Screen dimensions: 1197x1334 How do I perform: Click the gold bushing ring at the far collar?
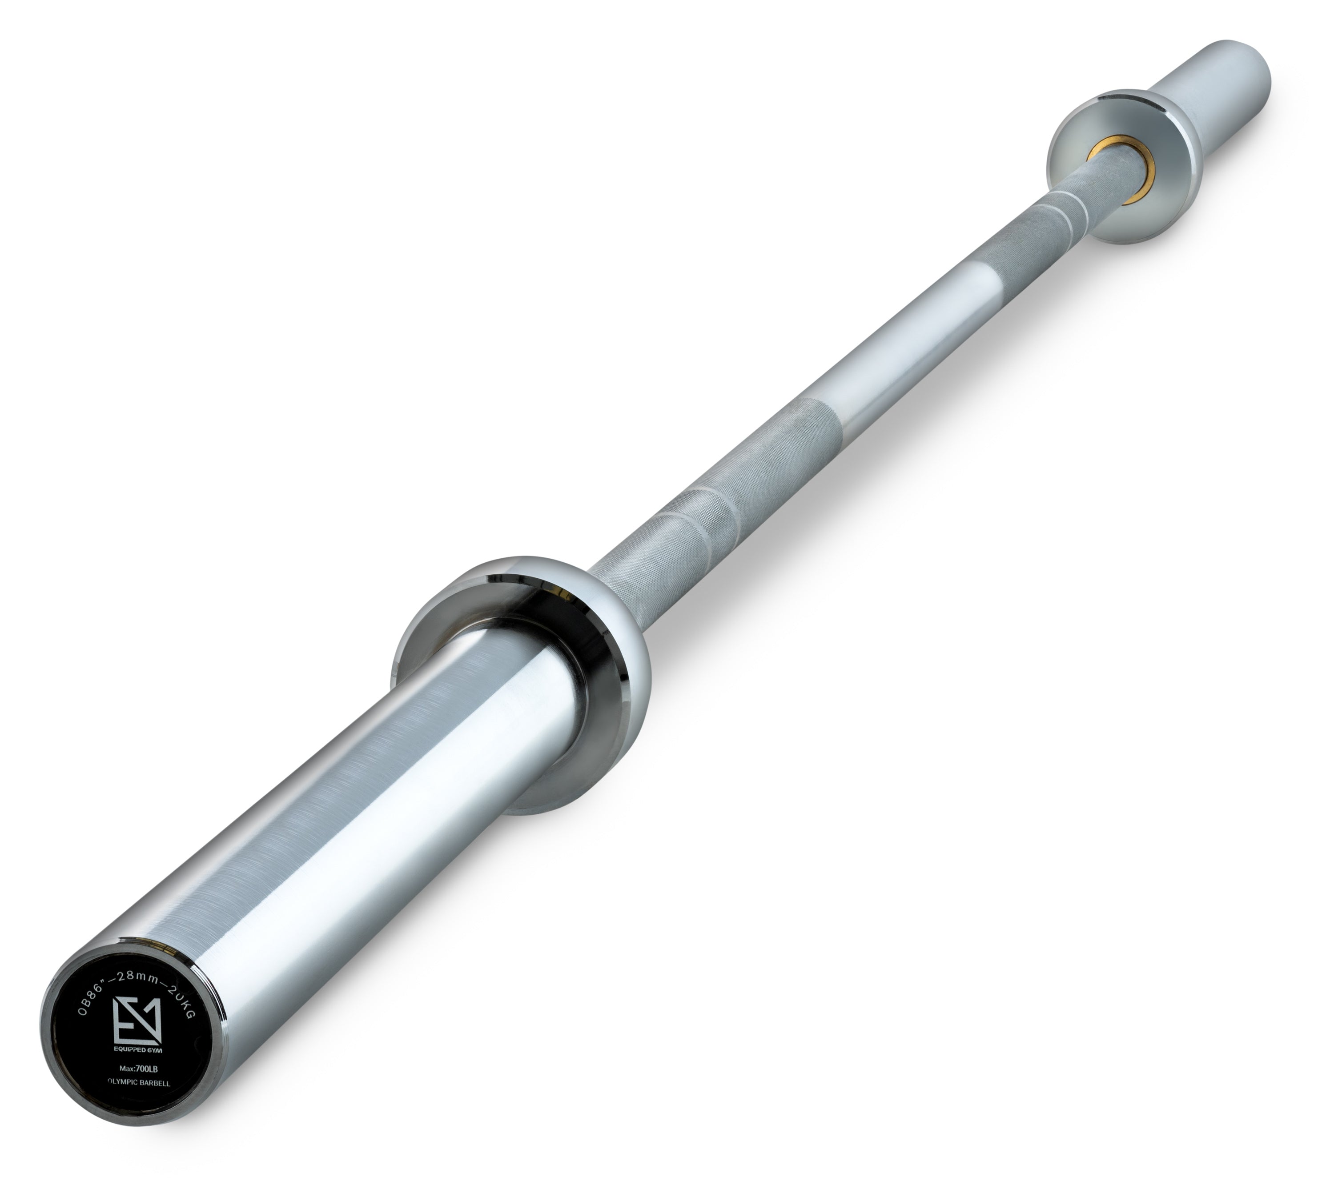coord(1110,172)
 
